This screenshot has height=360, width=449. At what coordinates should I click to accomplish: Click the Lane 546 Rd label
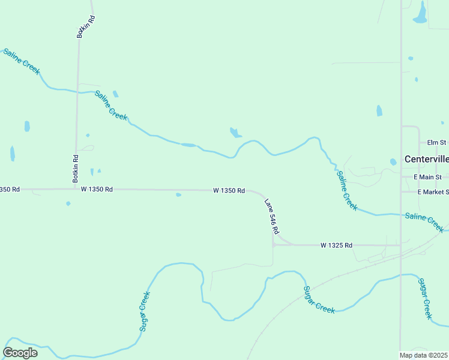click(x=272, y=217)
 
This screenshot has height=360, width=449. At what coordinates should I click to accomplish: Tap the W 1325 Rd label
click(x=336, y=245)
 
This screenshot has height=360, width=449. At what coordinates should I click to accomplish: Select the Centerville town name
click(x=426, y=159)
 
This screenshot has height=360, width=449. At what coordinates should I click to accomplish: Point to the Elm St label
click(x=436, y=143)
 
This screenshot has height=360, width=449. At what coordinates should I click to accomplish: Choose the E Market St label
click(x=433, y=191)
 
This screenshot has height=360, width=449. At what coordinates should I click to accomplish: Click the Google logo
click(x=20, y=353)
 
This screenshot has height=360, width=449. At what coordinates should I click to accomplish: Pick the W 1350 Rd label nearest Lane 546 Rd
click(x=229, y=190)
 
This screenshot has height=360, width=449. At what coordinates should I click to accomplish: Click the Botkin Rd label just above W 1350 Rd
click(x=76, y=169)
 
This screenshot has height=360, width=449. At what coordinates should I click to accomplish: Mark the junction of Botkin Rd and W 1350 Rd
click(x=74, y=189)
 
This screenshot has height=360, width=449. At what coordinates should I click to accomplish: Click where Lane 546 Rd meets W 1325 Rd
click(x=273, y=245)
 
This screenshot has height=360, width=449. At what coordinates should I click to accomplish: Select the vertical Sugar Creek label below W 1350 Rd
click(x=143, y=311)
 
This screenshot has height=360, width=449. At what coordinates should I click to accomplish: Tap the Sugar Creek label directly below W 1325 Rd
click(x=318, y=299)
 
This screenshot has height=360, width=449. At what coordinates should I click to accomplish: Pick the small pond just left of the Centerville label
click(x=393, y=162)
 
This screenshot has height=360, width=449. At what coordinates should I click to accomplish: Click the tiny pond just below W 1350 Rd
click(x=178, y=194)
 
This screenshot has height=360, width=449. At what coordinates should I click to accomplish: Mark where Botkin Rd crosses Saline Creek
click(x=77, y=91)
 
